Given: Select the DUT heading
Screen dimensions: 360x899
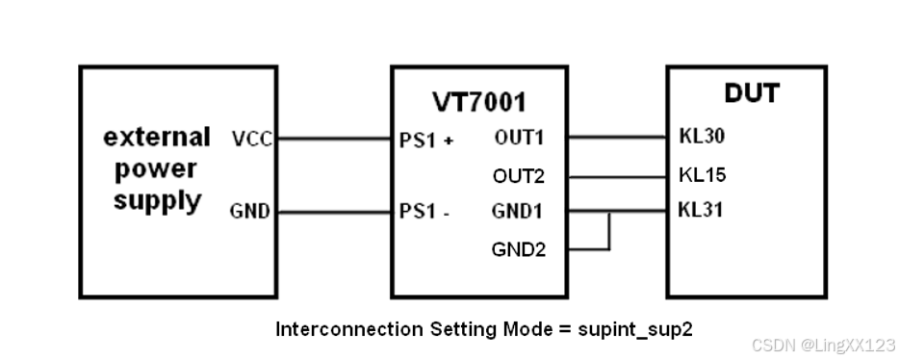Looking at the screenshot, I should click(x=751, y=93).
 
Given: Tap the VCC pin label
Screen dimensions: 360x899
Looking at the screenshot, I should click(x=253, y=140).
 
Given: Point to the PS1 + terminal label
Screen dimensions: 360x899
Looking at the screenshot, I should click(x=425, y=140).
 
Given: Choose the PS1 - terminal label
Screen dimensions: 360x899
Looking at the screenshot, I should click(x=424, y=212).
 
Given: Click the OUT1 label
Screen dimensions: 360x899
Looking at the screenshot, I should click(x=519, y=138).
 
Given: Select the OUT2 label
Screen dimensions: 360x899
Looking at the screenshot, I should click(x=519, y=175).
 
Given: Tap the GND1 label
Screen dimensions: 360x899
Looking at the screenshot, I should click(x=519, y=211).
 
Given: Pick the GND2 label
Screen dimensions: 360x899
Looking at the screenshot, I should click(x=519, y=249).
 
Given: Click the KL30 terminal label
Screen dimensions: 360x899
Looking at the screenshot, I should click(x=702, y=138).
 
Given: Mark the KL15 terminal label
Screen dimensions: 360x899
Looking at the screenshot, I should click(x=702, y=175).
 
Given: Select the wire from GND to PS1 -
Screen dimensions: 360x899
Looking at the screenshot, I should click(x=333, y=212).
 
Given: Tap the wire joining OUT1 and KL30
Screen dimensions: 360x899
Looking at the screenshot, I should click(x=616, y=139).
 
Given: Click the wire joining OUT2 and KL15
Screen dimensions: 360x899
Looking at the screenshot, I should click(x=616, y=176).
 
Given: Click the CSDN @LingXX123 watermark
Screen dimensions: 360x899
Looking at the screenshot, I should click(x=824, y=345).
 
